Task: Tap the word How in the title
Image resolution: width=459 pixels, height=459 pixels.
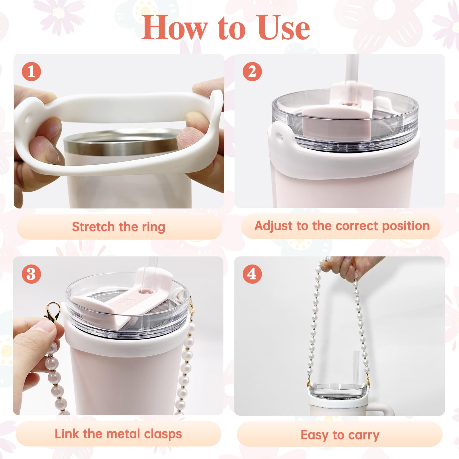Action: (174, 27)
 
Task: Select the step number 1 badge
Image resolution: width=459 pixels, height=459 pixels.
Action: (31, 71)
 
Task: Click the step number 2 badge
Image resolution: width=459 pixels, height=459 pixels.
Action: (252, 71)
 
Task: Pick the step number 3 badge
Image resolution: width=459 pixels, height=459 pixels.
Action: (31, 274)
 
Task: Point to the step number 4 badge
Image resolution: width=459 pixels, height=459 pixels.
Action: (252, 274)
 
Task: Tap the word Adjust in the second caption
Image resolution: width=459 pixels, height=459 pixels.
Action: (274, 227)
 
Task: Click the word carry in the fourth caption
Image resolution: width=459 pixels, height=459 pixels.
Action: (364, 435)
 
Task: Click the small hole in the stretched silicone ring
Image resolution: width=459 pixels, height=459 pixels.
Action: (28, 119)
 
